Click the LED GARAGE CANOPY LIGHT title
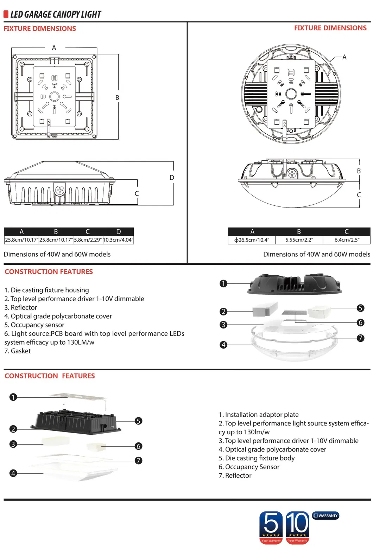point(56,14)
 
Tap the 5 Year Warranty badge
point(271,527)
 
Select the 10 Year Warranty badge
point(297,527)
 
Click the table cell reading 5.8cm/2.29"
point(88,240)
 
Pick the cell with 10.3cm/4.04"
point(118,240)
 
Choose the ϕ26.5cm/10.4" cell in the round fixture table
point(252,240)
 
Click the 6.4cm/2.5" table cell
point(347,240)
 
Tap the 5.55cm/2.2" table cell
point(299,240)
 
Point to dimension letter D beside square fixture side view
point(172,178)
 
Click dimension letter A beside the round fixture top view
point(344,57)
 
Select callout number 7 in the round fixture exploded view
point(360,338)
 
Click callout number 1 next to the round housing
point(223,283)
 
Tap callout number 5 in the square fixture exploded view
point(139,421)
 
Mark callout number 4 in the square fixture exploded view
point(13,473)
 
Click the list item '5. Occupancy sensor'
point(34,325)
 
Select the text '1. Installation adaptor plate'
point(258,415)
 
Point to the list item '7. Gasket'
point(18,351)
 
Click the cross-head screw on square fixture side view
point(60,191)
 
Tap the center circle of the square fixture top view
point(54,96)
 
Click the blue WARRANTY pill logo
point(325,516)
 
